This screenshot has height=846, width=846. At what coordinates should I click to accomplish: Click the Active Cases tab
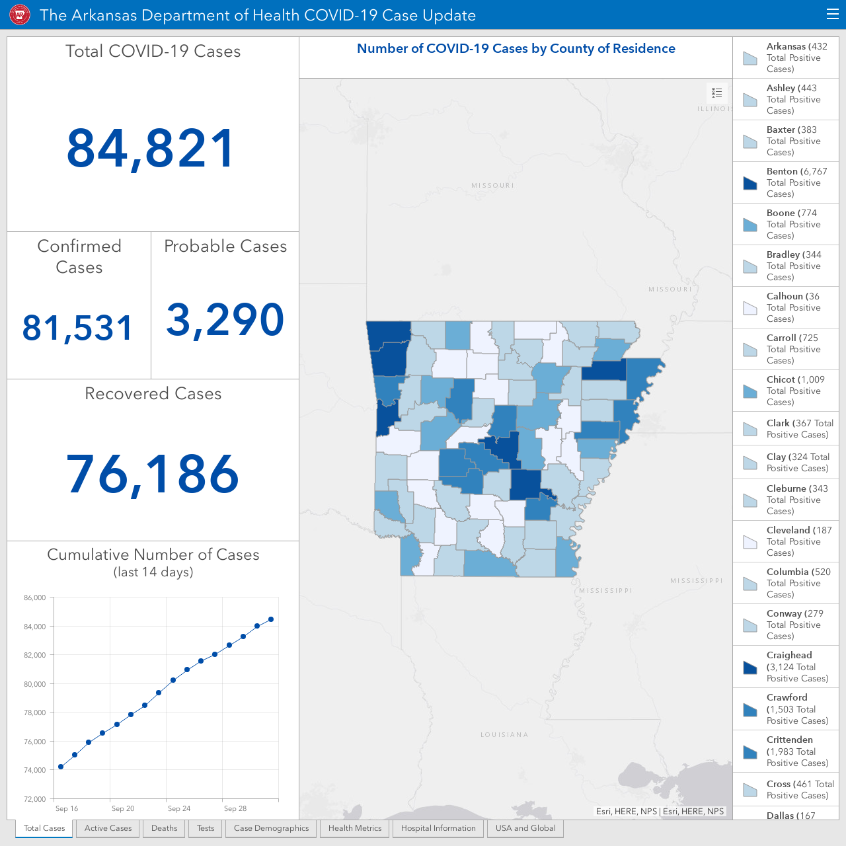pos(108,828)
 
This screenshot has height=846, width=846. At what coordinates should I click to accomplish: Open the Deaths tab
pos(164,828)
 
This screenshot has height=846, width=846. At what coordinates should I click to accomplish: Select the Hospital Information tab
pos(438,828)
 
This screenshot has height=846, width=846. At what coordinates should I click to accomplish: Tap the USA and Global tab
pos(525,828)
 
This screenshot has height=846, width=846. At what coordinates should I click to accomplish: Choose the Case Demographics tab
pos(272,828)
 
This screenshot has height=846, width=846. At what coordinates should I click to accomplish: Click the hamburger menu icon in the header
pos(832,15)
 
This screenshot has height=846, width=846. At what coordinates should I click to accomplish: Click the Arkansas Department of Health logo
pos(20,15)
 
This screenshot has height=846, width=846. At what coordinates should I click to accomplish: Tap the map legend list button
pos(717,93)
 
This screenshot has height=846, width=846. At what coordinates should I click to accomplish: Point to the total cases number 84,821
pos(151,148)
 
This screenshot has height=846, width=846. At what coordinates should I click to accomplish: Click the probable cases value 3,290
pos(225,320)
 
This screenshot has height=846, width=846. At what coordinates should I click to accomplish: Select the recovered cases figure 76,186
pos(152,474)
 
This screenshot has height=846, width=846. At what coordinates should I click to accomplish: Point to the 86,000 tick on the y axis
pos(34,597)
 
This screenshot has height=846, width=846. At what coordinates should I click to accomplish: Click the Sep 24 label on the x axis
pos(179,808)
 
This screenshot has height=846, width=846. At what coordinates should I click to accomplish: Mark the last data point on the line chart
pos(271,619)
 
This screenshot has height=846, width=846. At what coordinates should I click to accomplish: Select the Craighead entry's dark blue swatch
pos(750,668)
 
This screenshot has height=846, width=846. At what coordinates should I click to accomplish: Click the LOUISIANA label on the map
pos(504,734)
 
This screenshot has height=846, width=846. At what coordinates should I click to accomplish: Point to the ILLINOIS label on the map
pos(715,108)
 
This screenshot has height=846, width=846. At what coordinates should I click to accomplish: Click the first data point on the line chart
pos(61,767)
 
